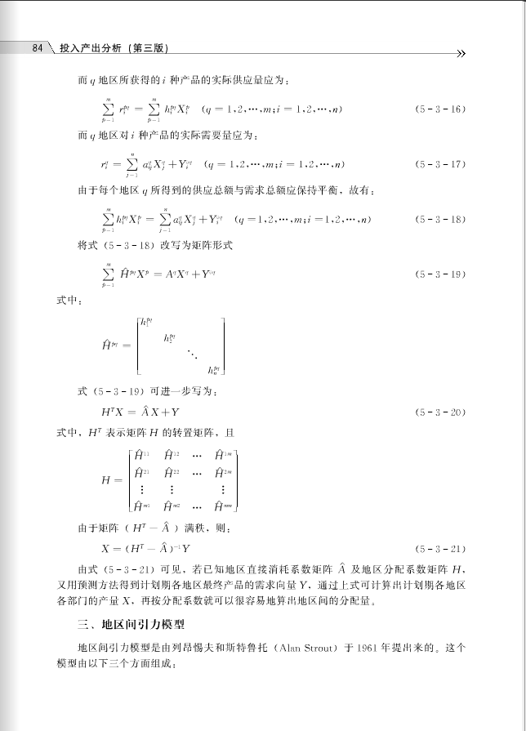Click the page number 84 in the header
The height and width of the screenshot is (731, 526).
click(x=37, y=48)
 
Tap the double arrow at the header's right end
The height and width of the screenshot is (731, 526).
click(x=461, y=54)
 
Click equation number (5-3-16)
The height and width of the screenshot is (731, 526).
click(x=439, y=109)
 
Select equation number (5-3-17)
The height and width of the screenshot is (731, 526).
click(x=439, y=164)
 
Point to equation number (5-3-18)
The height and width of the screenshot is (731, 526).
click(x=439, y=220)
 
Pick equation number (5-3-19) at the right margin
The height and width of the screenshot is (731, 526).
click(x=439, y=274)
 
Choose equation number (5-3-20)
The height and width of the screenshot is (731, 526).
click(x=439, y=412)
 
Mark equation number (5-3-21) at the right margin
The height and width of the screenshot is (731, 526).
click(x=439, y=549)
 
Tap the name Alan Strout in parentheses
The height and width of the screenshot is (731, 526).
click(x=305, y=649)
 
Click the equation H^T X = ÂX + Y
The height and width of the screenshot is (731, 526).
click(x=140, y=412)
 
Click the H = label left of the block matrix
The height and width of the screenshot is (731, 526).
click(x=111, y=480)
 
